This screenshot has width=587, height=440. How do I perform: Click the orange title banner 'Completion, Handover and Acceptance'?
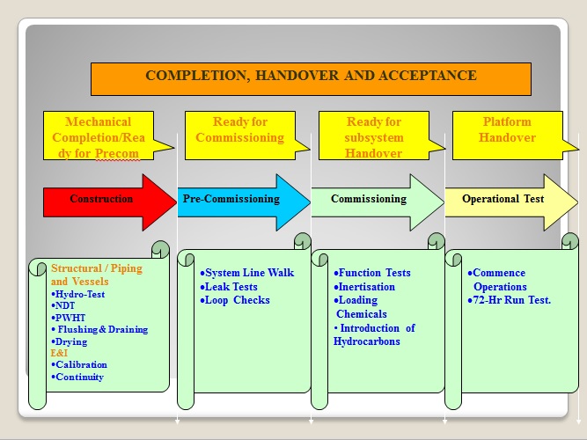(311, 77)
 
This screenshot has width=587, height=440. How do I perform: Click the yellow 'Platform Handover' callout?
(509, 130)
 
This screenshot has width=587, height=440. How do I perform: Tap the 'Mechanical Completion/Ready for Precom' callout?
(98, 137)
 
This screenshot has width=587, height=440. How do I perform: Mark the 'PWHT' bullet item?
(70, 318)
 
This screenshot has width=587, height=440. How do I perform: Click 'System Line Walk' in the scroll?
(248, 273)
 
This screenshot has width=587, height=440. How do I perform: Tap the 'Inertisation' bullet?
(365, 287)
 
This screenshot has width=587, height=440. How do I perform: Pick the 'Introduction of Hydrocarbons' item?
(374, 334)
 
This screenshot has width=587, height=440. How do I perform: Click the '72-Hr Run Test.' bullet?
(510, 300)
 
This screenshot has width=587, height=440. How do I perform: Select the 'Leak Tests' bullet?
(230, 287)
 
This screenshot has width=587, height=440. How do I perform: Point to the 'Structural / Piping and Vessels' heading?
(96, 275)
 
